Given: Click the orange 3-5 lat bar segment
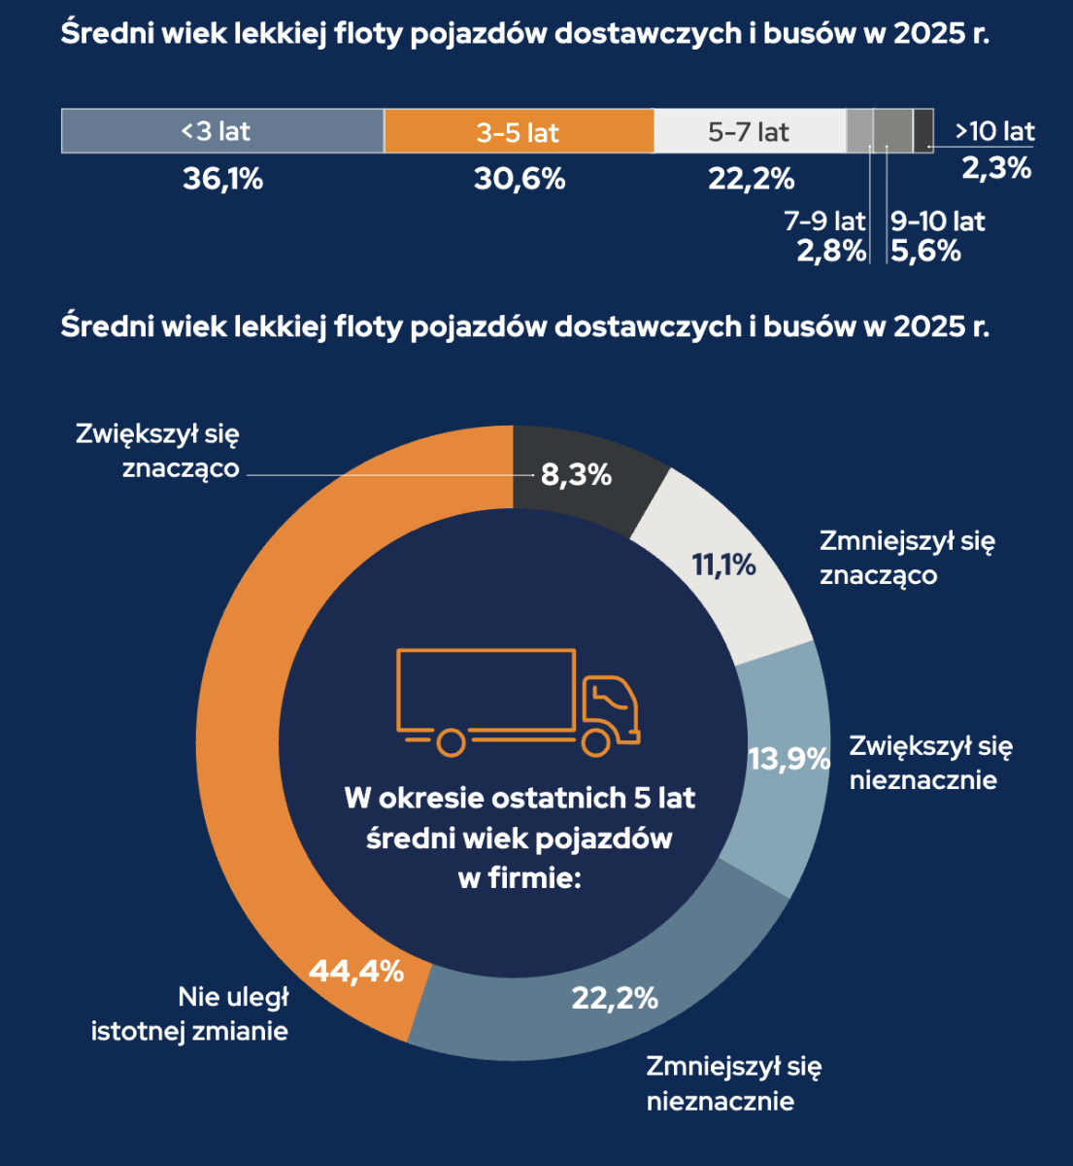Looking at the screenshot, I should point(519,131).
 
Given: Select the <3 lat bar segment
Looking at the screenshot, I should point(222,131).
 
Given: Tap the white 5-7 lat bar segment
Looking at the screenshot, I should point(749,131).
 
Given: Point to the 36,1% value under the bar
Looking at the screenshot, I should point(222,179).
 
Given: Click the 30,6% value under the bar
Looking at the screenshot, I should point(520,179).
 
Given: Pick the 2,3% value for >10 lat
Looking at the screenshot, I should point(996,168).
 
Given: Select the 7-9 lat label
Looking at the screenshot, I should point(824,222).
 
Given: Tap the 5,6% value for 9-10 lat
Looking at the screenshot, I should point(925,252).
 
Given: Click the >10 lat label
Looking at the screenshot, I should point(994,131).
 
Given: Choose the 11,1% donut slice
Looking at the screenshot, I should point(724,565).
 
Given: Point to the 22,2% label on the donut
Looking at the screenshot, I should point(615,998).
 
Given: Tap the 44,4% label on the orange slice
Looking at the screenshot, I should point(355,971).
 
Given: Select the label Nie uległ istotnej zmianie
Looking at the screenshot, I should point(190,1013).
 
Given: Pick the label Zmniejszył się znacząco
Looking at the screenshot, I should point(907,558).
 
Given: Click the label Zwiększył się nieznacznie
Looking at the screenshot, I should point(930,763).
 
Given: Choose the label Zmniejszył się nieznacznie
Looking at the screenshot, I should point(733,1083).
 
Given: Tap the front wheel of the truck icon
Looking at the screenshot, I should point(596,742).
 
